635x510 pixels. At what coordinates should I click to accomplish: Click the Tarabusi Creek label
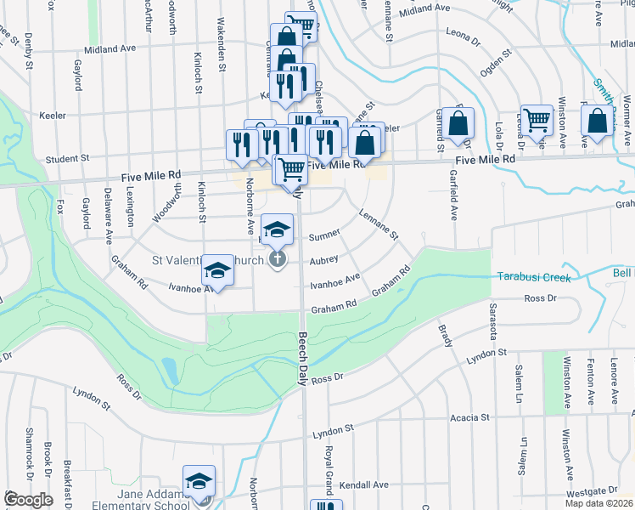531,277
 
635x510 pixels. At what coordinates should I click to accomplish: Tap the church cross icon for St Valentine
277,259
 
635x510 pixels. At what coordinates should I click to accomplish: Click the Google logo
29,500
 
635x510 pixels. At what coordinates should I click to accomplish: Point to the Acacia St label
470,417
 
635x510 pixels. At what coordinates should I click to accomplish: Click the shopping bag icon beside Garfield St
458,124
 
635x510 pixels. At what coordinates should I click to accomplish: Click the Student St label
67,158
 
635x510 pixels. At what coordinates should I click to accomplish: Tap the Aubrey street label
324,259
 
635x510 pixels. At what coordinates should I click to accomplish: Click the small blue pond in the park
168,369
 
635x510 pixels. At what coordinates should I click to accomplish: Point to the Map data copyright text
598,503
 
